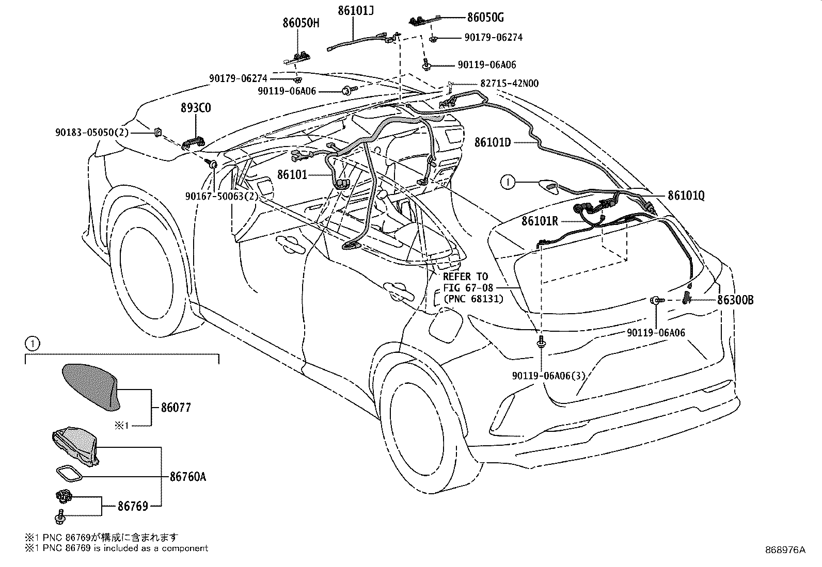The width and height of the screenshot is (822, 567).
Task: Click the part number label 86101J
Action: click(x=355, y=11)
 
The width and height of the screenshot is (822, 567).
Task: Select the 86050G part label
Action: click(x=485, y=17)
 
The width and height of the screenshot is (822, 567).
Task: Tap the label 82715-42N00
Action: click(x=509, y=83)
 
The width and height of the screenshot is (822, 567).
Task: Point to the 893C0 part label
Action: click(x=196, y=108)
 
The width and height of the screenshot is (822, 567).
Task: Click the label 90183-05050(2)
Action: click(x=92, y=132)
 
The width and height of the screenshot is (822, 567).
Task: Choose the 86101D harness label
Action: click(x=493, y=142)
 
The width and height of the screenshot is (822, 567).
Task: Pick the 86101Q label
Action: click(x=686, y=196)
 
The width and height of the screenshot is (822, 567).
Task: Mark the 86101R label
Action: click(x=540, y=221)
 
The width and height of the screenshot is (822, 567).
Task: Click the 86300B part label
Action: click(x=735, y=300)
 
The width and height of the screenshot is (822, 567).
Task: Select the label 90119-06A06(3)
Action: click(x=549, y=376)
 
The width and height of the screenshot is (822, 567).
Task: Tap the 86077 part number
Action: click(x=176, y=408)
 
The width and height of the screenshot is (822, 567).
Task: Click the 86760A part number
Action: click(x=188, y=477)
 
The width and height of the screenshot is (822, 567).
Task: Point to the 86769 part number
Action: click(x=133, y=506)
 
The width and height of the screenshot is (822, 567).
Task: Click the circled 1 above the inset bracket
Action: click(x=33, y=344)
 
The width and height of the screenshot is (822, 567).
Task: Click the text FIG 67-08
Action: click(x=468, y=287)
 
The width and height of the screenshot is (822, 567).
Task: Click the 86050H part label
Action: click(x=301, y=23)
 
